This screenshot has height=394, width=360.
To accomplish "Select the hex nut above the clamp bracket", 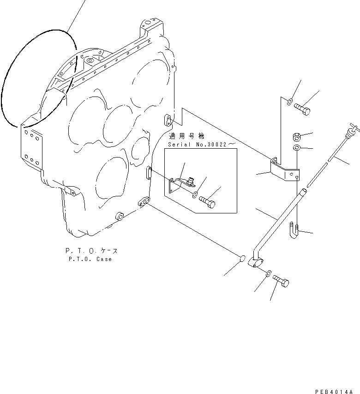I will [x=297, y=137].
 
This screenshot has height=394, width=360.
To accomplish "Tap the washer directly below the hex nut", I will [x=297, y=148].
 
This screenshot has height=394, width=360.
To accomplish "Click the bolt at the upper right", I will [x=302, y=109].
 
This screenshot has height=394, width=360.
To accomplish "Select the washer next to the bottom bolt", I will [x=269, y=275].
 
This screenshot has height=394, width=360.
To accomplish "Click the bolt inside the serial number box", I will [x=208, y=202].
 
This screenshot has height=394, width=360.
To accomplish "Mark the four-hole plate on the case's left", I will [x=31, y=147].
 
